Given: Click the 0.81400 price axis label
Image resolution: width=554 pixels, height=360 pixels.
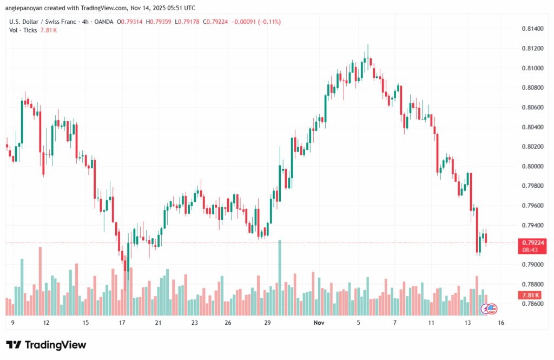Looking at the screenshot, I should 532,28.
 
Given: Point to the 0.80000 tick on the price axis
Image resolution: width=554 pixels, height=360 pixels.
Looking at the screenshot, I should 532,166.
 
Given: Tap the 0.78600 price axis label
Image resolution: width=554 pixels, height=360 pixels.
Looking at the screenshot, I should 532,304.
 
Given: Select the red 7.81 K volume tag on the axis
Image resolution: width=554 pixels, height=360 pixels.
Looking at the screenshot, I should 531,295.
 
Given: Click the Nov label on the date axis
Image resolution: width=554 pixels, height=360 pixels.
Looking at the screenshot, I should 319,323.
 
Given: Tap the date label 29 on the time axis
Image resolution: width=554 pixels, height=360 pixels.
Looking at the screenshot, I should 267,323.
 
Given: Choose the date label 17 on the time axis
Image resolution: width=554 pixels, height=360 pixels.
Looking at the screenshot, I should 122,323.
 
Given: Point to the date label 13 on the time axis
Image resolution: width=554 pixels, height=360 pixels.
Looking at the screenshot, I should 467,323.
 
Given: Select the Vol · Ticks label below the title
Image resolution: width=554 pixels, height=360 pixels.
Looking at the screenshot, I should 23,30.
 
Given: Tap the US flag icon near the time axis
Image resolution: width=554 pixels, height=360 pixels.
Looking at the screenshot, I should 492,308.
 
